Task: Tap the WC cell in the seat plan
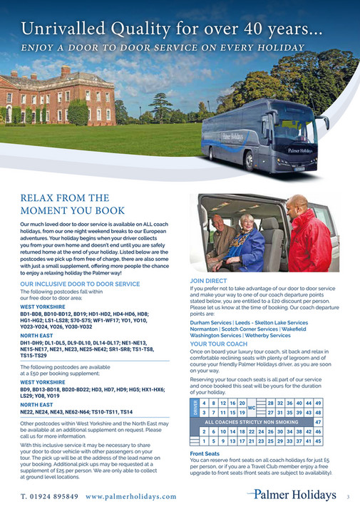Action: click(250, 408)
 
